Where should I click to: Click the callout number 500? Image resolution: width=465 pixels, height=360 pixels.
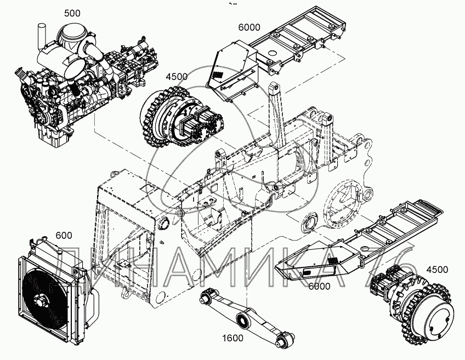point(72,13)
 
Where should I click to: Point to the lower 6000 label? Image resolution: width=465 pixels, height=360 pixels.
point(319,287)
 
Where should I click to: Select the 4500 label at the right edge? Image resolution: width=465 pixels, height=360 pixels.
point(436,269)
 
